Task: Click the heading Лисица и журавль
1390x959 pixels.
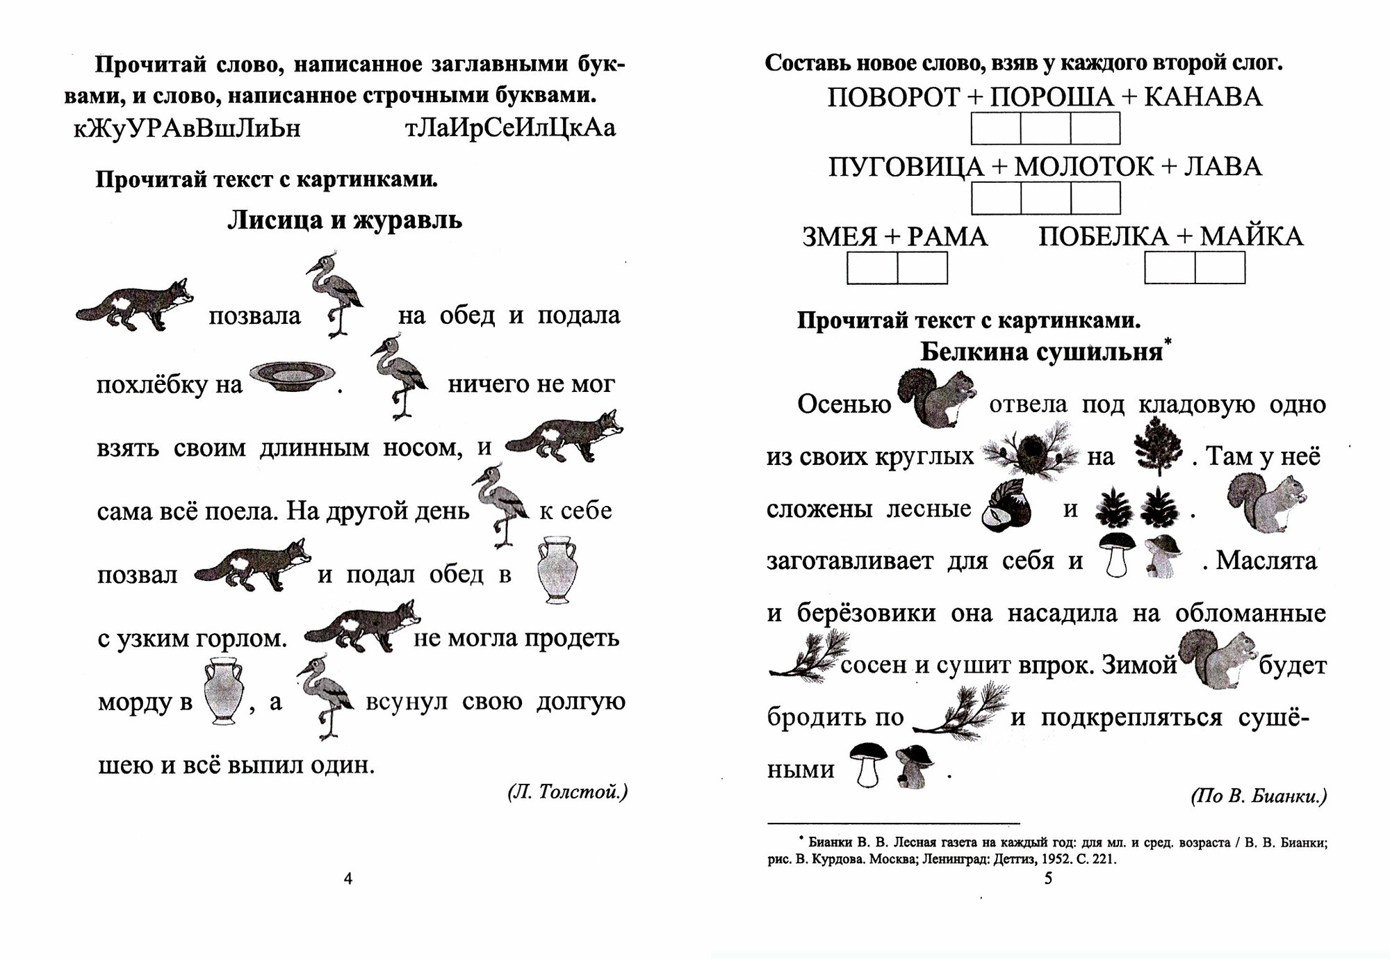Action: point(345,221)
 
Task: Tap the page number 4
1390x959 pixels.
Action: point(348,879)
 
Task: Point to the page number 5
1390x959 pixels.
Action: point(1049,878)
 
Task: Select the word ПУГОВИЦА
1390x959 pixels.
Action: point(906,167)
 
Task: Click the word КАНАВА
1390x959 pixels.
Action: point(1202,97)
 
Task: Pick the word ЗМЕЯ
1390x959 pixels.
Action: point(840,237)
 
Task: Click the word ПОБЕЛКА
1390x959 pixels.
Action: point(1104,237)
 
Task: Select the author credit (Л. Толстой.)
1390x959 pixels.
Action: point(567,792)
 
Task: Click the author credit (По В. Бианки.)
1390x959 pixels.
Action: point(1258,796)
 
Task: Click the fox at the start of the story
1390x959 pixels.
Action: point(133,304)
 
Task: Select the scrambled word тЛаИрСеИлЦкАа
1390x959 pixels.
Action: point(509,129)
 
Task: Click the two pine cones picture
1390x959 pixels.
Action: point(1137,507)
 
